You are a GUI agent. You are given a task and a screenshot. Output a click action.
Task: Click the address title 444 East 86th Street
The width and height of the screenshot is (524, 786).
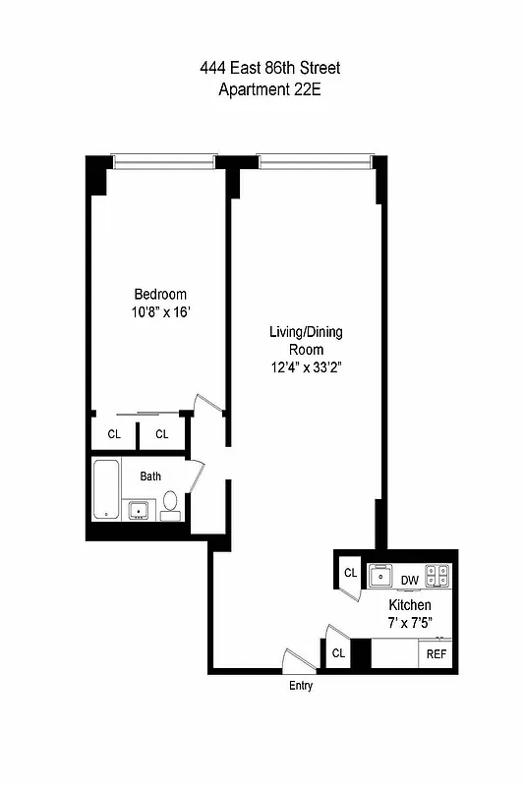[x=270, y=68]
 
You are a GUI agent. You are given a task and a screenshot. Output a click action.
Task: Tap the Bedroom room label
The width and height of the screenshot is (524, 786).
[x=160, y=294]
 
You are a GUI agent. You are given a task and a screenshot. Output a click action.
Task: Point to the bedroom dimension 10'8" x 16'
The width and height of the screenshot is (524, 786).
[x=160, y=312]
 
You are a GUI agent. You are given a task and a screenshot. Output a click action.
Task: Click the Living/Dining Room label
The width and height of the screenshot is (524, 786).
[x=306, y=332]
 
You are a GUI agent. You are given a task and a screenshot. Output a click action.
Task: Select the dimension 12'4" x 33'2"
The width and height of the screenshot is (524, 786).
[x=306, y=367]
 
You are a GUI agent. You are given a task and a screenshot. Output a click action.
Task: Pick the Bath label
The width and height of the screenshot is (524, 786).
[x=150, y=477]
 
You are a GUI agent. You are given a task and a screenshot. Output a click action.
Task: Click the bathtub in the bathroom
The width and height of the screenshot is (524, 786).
[x=105, y=491]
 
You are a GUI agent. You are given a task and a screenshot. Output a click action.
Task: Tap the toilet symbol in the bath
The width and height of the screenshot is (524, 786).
[x=171, y=503]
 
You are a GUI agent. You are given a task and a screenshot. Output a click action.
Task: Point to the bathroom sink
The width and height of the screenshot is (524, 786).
[x=139, y=509]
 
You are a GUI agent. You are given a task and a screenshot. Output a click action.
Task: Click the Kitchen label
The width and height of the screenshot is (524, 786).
[x=408, y=604]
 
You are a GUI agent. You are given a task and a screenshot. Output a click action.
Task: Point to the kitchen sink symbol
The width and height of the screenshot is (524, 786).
[x=379, y=575]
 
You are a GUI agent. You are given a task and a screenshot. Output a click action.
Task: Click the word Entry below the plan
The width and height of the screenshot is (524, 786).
[x=301, y=686]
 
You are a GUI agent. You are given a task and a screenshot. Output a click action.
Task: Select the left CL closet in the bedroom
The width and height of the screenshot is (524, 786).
[x=114, y=433]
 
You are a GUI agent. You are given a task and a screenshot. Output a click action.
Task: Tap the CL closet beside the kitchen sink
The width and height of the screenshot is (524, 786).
[x=349, y=573]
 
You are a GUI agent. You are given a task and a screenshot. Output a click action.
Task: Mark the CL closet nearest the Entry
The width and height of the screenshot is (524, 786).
[x=338, y=652]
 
